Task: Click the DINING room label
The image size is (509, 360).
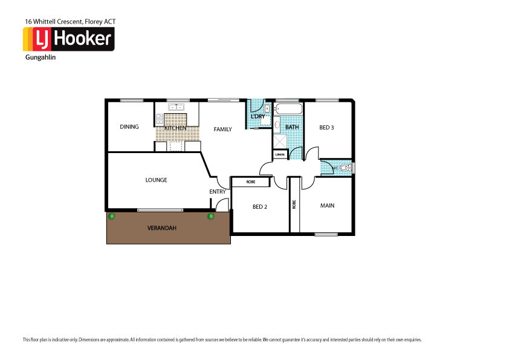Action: [129, 127]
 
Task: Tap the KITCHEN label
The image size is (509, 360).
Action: [175, 128]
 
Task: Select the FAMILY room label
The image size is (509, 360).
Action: [222, 129]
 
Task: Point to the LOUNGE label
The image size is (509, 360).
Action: [156, 180]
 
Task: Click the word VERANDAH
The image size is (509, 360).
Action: [161, 228]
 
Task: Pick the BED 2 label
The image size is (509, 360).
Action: [260, 207]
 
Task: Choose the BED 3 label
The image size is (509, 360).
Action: [326, 127]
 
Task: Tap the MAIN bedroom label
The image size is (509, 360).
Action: [327, 206]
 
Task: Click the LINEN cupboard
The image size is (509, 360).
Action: [279, 155]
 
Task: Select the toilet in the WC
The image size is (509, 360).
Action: [345, 168]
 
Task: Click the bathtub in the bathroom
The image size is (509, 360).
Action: [287, 110]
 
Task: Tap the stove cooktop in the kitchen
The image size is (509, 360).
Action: [160, 119]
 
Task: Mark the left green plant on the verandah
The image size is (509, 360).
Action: [111, 216]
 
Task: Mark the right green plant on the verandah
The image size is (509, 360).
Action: [211, 216]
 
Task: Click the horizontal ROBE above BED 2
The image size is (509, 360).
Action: [250, 182]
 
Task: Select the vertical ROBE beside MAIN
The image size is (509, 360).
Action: [294, 205]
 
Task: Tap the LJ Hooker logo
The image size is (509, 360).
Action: [68, 39]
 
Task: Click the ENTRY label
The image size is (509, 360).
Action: [218, 192]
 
